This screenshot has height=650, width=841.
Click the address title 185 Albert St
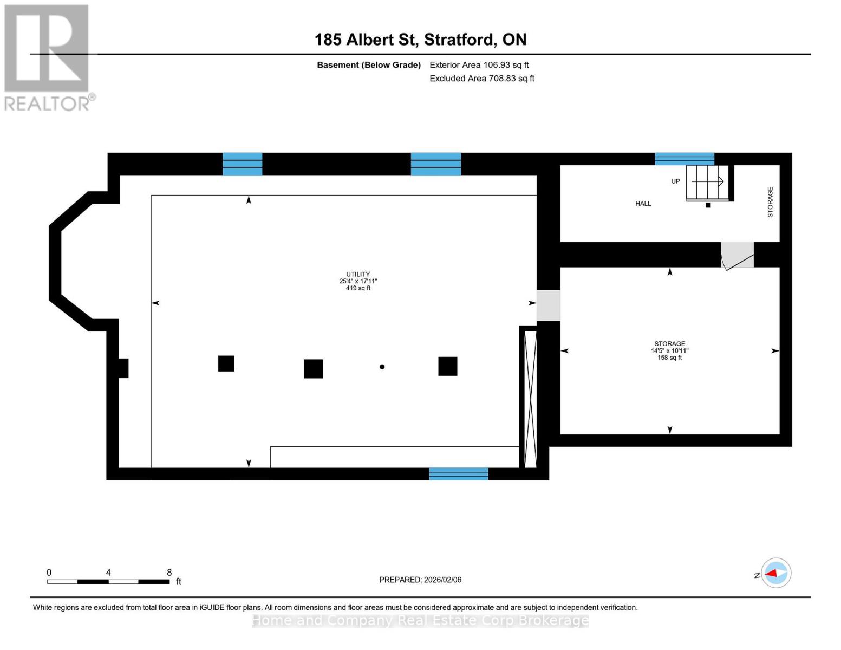tap(420, 40)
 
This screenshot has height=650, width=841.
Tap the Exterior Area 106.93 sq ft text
tap(479, 65)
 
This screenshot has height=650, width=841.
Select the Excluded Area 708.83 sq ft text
tap(481, 79)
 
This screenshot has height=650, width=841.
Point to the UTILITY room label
tap(358, 275)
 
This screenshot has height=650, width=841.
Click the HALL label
tap(643, 204)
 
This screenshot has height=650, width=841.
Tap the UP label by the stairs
tap(675, 181)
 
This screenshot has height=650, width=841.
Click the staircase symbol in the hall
tap(707, 183)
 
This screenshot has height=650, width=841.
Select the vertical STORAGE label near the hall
tap(770, 202)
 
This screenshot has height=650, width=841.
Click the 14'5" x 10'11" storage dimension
tap(669, 350)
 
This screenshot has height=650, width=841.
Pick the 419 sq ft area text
tap(358, 288)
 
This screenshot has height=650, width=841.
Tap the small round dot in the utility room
tap(382, 367)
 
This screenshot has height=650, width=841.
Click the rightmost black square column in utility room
tap(447, 366)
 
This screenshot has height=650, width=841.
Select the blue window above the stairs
tap(684, 159)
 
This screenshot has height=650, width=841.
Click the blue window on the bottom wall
tap(458, 474)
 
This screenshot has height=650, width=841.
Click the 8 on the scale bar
tap(169, 573)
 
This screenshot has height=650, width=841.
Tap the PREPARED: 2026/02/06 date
tap(420, 580)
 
